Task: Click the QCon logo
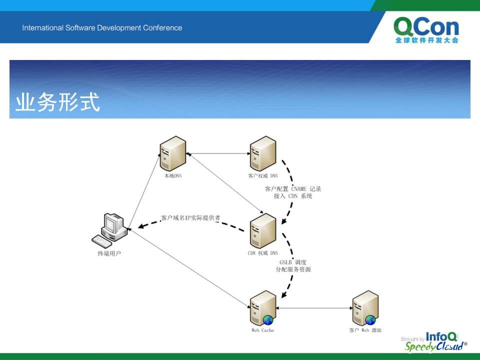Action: click(426, 30)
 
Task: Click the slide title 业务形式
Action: click(58, 102)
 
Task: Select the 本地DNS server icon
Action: click(173, 153)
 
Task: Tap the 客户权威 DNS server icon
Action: click(263, 153)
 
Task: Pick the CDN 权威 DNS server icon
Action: click(263, 231)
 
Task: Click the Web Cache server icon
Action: click(263, 308)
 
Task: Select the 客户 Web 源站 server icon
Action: click(365, 308)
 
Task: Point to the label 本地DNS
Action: click(173, 175)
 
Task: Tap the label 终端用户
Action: click(109, 253)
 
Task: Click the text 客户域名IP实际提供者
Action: click(190, 218)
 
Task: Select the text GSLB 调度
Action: click(293, 262)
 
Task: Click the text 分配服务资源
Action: click(293, 269)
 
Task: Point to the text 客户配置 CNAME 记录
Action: click(293, 189)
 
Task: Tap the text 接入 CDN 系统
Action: click(293, 196)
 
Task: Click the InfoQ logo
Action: click(441, 336)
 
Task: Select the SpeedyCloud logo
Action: click(435, 346)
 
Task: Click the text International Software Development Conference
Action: click(102, 28)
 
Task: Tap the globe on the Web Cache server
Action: click(268, 320)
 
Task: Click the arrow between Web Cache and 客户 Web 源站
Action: click(314, 308)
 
